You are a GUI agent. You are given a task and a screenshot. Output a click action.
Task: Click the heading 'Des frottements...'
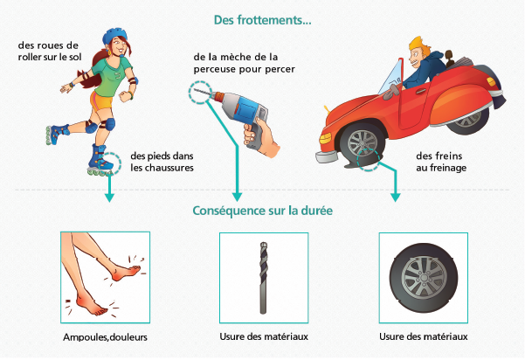point(262,20)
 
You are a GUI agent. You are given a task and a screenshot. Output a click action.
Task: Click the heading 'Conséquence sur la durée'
point(262,211)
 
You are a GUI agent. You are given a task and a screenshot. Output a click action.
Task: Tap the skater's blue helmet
point(114,35)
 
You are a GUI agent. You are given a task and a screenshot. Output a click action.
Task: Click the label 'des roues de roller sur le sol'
point(50,51)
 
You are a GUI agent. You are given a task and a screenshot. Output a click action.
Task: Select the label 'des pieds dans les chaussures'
point(162,162)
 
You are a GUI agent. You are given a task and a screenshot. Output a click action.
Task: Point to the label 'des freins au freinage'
point(441,162)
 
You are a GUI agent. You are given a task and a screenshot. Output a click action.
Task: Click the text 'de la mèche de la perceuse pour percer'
point(244,63)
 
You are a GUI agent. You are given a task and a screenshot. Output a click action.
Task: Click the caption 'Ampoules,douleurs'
point(105,337)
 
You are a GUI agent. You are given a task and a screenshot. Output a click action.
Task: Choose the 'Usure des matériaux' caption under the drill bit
point(264,336)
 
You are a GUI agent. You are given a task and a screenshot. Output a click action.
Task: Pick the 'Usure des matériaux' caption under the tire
point(423,336)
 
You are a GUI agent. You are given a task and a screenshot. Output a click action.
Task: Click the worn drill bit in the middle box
point(264,278)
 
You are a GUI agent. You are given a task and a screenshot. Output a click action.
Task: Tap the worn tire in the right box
point(423,278)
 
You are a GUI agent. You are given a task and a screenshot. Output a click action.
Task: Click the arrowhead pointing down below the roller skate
point(109,197)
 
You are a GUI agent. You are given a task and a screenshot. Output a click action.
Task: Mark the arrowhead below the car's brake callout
point(396,197)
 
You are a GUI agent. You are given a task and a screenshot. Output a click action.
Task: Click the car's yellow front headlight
point(325,138)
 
